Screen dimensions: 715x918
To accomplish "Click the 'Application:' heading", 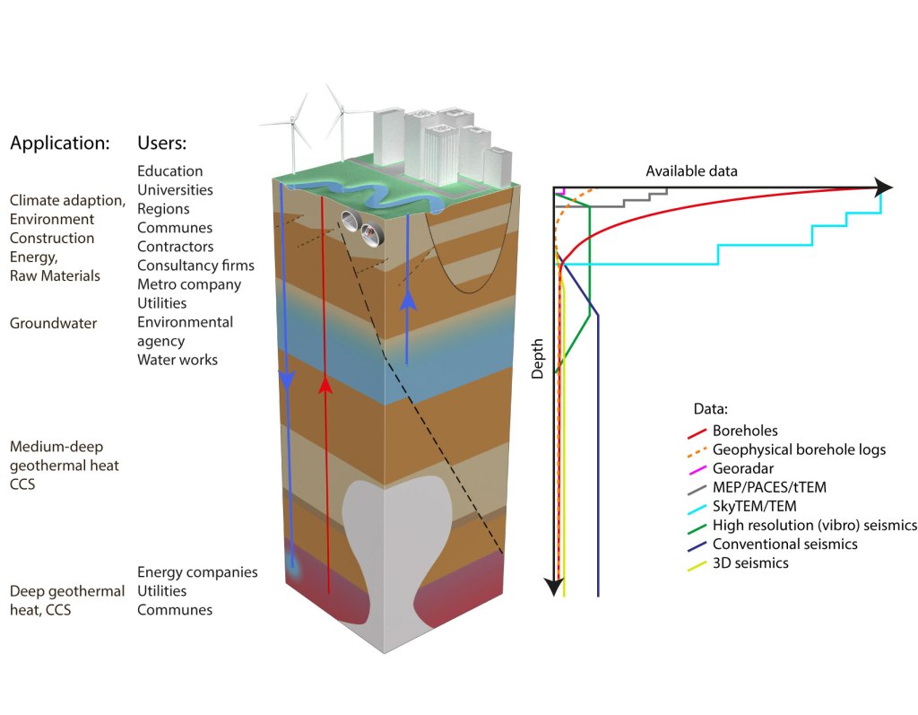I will [x=59, y=143].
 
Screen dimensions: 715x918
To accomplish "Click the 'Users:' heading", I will [x=161, y=143].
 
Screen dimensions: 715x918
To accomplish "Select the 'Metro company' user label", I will [x=189, y=284].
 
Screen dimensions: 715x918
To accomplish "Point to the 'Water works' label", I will [x=178, y=360].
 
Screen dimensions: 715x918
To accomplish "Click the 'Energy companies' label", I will [x=197, y=572].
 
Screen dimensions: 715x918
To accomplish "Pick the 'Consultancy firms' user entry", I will [x=195, y=266].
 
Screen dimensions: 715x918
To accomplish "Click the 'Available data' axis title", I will [x=693, y=171].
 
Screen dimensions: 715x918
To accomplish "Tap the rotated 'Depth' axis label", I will [x=538, y=359].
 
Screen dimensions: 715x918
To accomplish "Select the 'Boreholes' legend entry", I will [x=744, y=432].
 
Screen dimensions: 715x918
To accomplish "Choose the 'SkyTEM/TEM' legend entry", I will [x=754, y=507].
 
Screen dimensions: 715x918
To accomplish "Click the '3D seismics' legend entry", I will [x=750, y=563].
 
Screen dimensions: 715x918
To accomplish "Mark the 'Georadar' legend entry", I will [x=742, y=469].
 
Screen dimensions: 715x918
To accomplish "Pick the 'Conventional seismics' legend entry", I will [x=784, y=545].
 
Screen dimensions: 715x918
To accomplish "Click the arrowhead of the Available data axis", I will [x=884, y=187].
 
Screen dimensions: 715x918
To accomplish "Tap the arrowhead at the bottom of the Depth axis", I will [x=555, y=586].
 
